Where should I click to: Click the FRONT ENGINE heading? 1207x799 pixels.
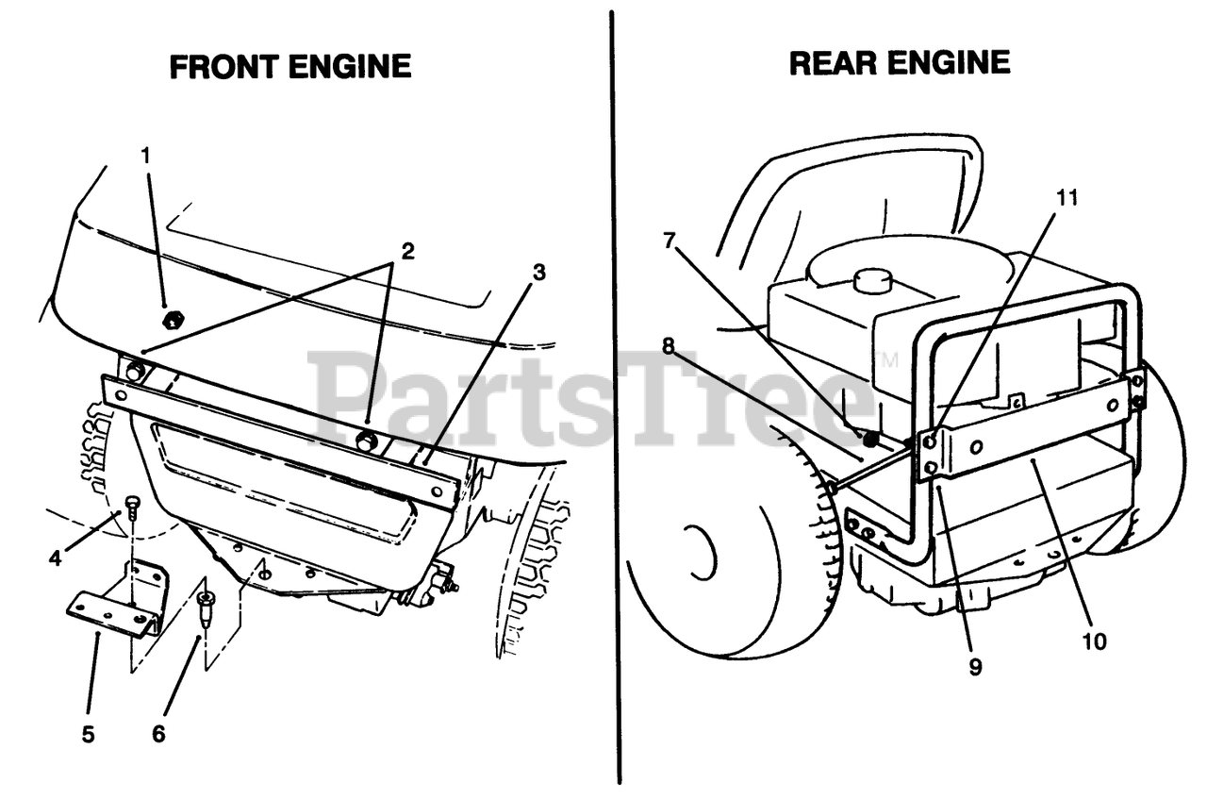[x=289, y=67]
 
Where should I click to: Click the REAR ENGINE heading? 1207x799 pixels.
[x=899, y=63]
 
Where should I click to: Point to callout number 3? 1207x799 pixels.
[x=538, y=273]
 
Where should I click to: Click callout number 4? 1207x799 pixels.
[x=56, y=558]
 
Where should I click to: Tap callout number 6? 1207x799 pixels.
[x=158, y=733]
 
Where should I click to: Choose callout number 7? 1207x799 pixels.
[x=669, y=241]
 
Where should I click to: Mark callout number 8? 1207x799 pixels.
[x=669, y=345]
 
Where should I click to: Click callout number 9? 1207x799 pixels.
[x=974, y=667]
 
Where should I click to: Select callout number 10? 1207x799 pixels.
[x=1095, y=642]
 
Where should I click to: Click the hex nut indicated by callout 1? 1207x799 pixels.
[x=172, y=320]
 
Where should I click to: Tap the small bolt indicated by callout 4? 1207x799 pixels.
[x=132, y=504]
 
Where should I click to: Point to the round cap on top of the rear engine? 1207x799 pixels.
[x=873, y=280]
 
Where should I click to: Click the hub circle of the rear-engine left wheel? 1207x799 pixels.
[x=702, y=551]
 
